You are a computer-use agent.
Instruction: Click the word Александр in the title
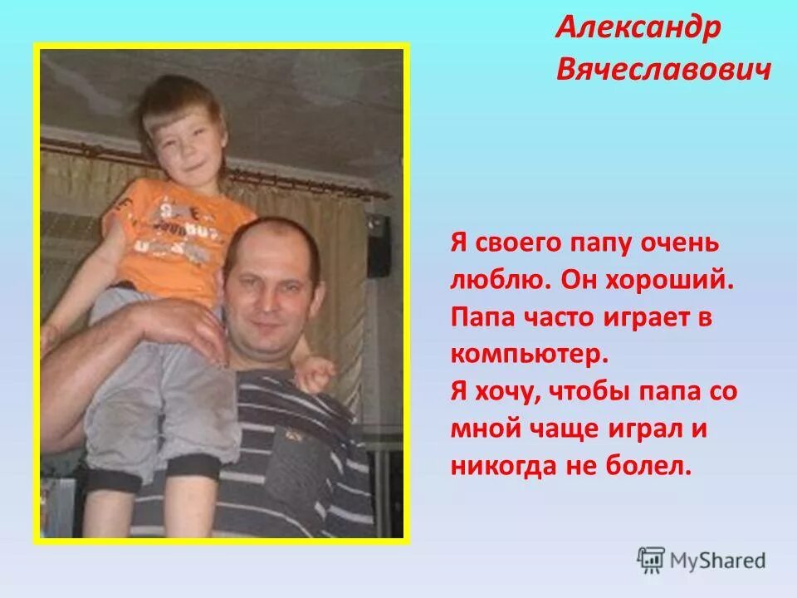coord(639,29)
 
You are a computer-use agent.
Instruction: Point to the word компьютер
coord(530,355)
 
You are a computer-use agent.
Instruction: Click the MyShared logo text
coord(719,561)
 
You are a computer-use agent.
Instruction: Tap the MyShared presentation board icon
coord(651,561)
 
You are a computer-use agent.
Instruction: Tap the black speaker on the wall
coord(379,246)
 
